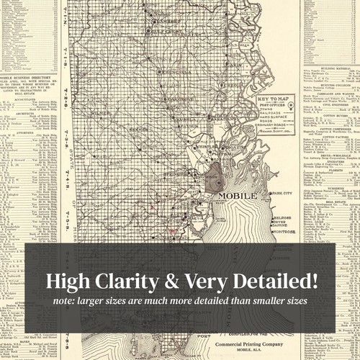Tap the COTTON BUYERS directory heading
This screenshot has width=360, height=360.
click(332, 114)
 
